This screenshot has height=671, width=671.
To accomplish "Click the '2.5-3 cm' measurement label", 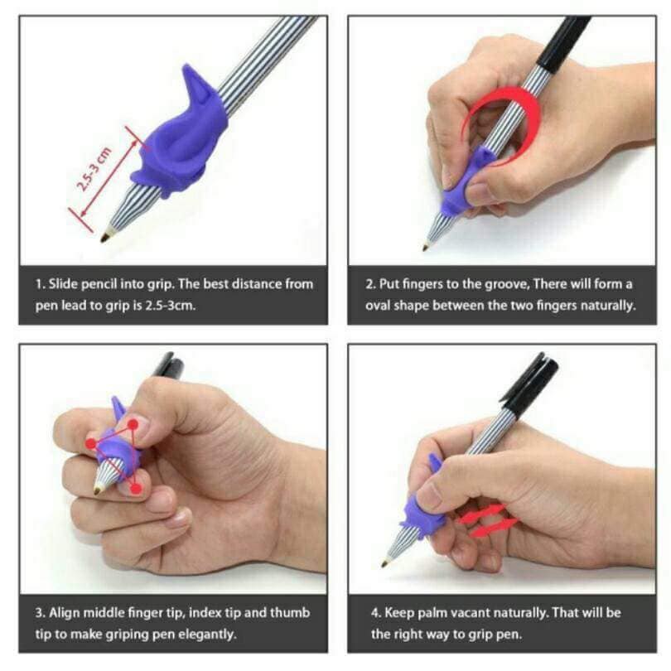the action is point(94,169).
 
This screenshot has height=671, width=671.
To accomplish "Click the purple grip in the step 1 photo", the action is point(180,137).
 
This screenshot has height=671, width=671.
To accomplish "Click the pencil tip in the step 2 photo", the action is point(426,247).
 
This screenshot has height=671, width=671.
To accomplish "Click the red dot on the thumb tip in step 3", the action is point(133,424).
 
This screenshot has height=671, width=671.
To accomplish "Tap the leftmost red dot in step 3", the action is point(91,443).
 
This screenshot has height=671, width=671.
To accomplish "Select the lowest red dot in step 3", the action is point(136,488).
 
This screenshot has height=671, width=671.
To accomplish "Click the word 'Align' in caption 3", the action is point(63,613).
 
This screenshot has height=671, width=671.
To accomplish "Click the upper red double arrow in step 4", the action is point(482,514).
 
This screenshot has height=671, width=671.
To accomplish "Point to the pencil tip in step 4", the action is point(385,564).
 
